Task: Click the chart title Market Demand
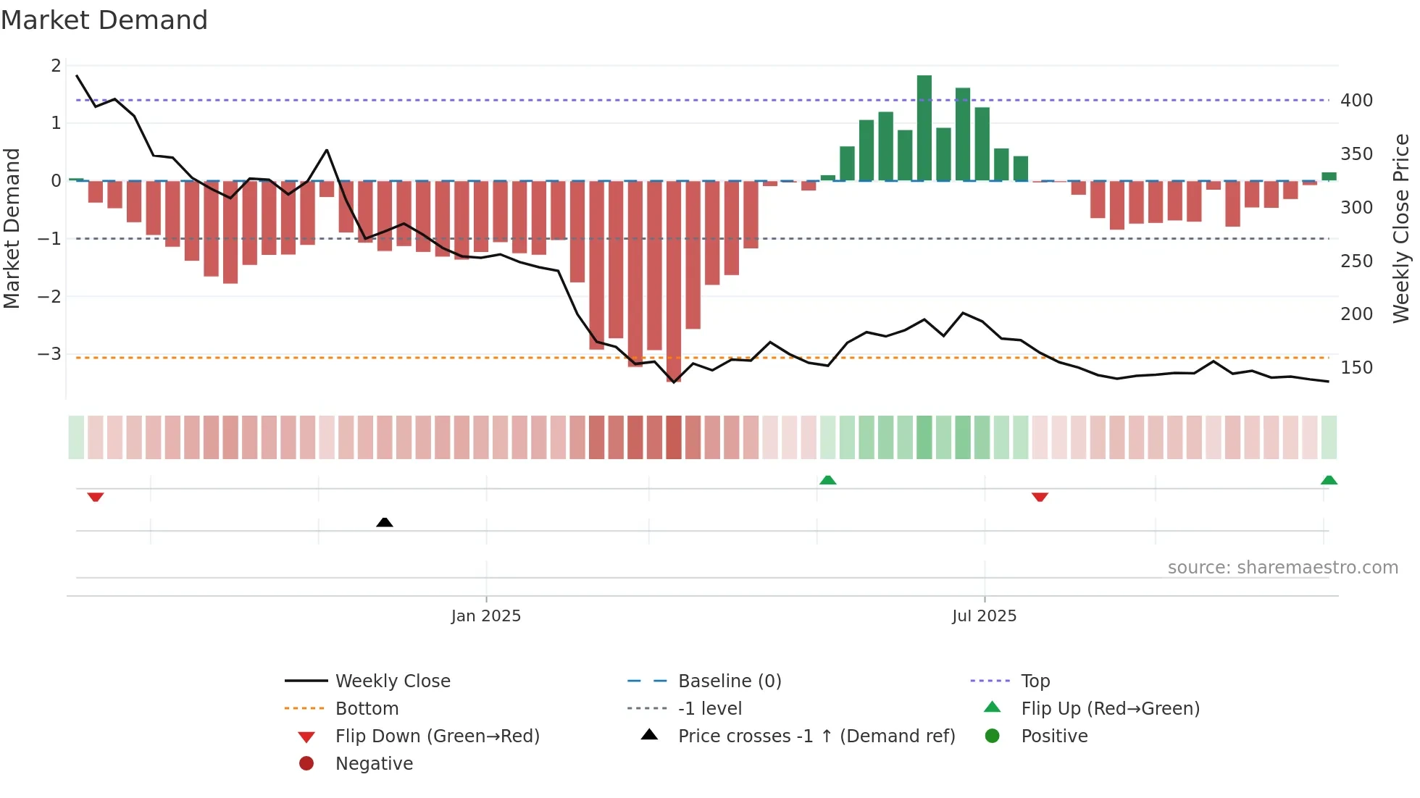104,20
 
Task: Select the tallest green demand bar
924,127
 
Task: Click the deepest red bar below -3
674,282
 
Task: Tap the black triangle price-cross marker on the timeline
385,522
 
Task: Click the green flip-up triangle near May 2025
827,480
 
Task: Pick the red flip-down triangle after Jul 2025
1040,497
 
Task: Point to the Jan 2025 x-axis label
485,616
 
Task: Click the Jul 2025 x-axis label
984,616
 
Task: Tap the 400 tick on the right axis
1356,101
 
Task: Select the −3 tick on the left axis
49,354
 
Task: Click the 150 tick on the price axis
1356,368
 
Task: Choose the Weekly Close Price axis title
1401,228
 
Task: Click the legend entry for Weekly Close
392,681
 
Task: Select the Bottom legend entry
367,708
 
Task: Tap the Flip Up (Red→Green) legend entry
1110,708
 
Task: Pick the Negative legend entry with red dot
374,763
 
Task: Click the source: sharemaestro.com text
1282,568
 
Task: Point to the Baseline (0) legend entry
729,681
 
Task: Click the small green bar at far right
1329,176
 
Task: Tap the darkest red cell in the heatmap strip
674,437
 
